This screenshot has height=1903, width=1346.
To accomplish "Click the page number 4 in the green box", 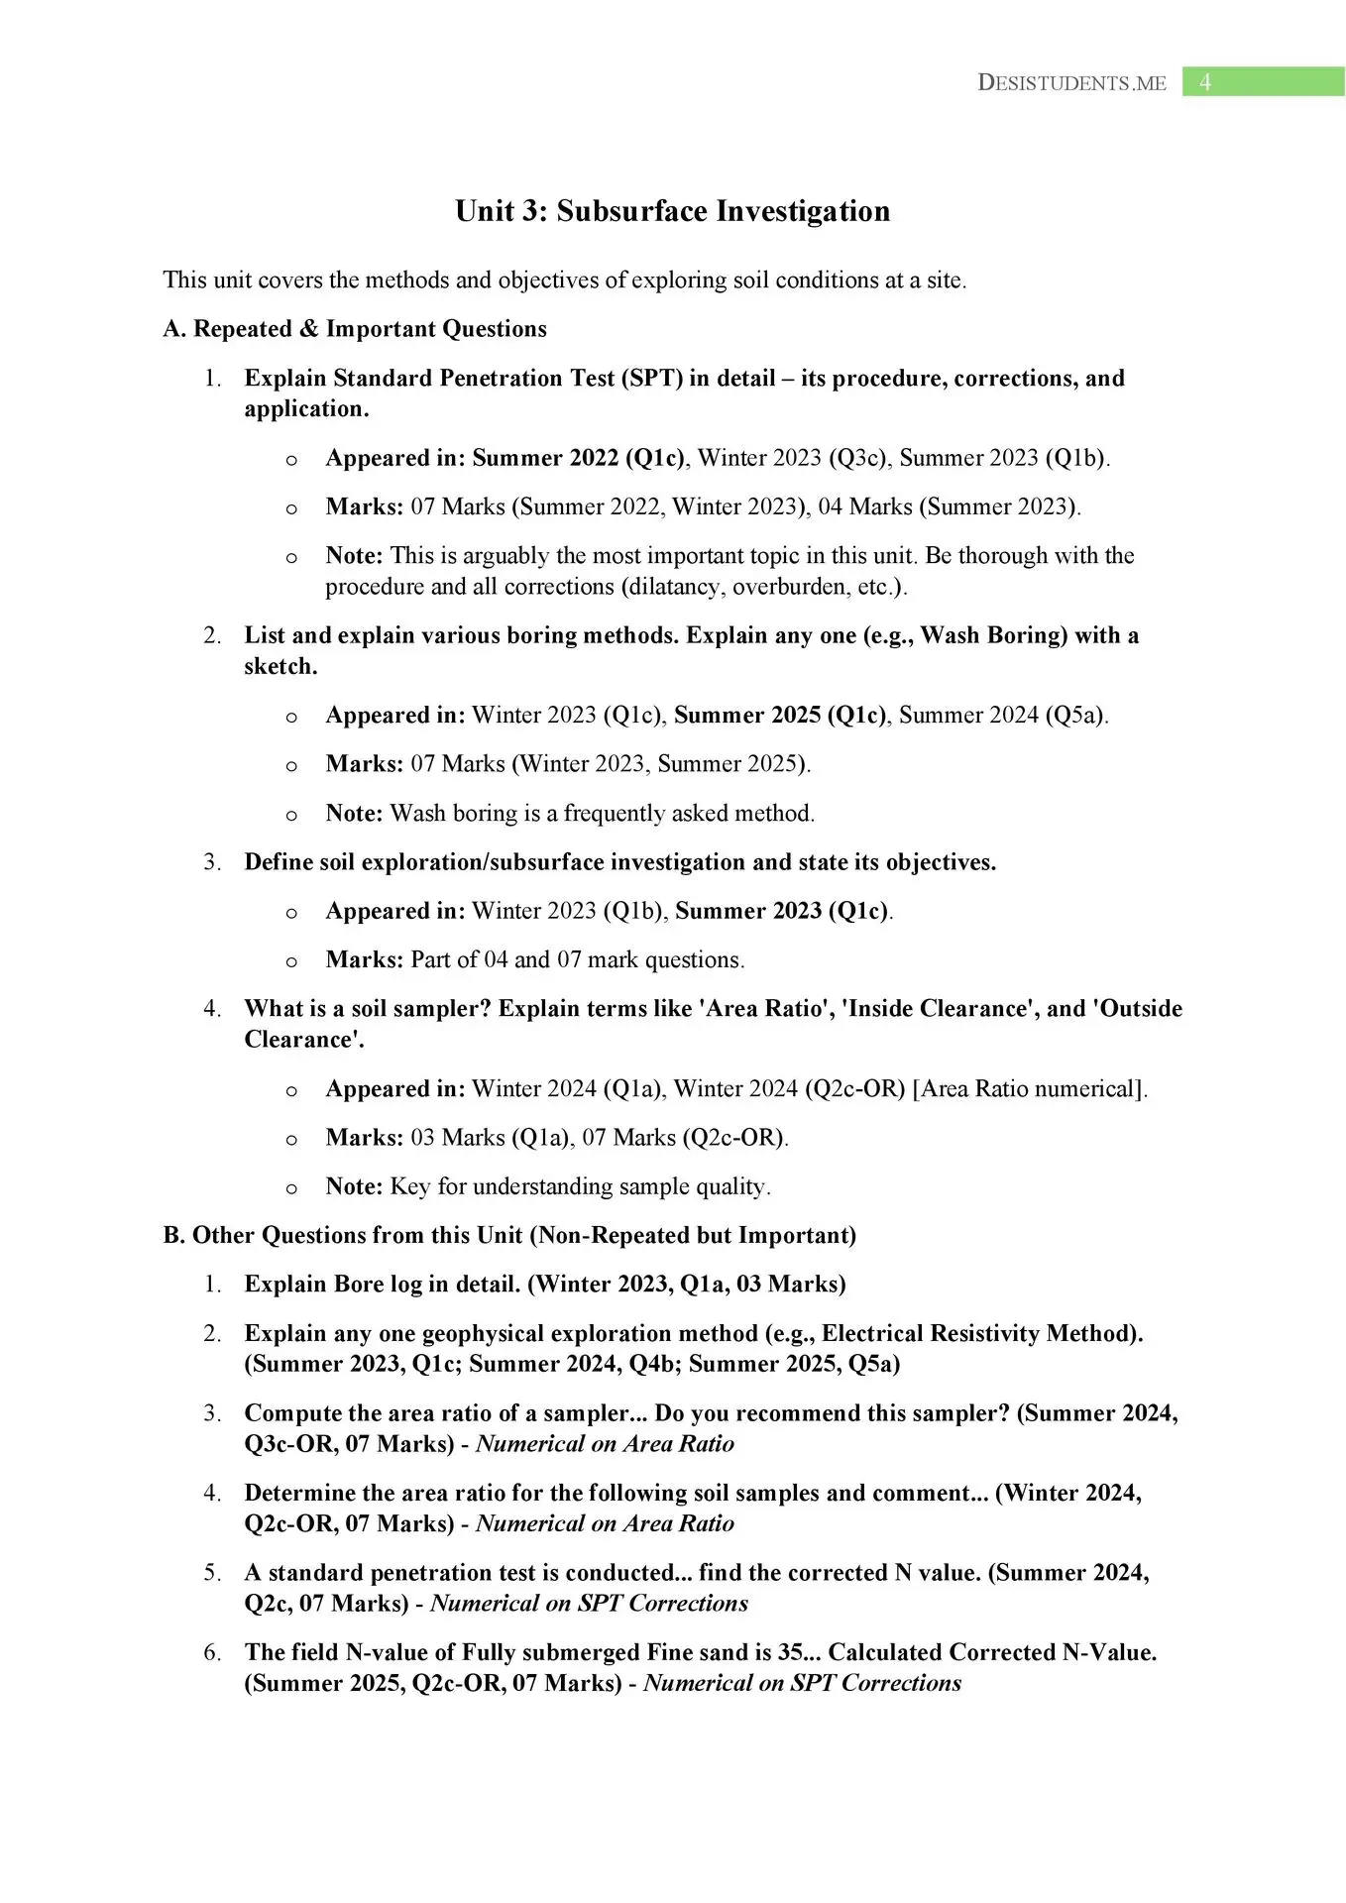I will [1204, 82].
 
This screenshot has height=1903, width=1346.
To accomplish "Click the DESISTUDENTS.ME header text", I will [1071, 83].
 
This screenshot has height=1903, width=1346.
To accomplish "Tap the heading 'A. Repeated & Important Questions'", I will [355, 329].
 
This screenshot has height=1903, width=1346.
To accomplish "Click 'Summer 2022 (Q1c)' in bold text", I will [578, 458].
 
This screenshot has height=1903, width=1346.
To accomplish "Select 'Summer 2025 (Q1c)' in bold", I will [780, 716].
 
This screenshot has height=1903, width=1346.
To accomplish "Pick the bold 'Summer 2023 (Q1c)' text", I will [781, 911].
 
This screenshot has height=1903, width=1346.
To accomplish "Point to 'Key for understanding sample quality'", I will [579, 1187].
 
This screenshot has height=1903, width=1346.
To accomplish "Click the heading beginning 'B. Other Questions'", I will [509, 1236].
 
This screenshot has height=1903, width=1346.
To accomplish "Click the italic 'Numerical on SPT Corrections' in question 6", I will [802, 1684].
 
